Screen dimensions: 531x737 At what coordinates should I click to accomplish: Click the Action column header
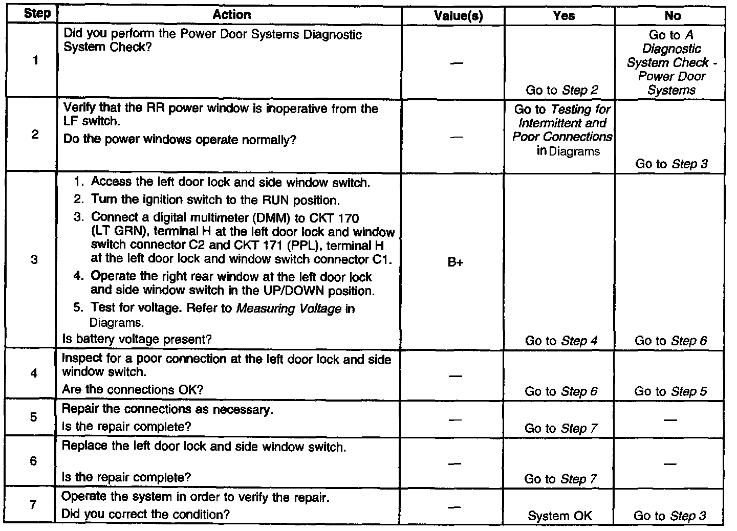pyautogui.click(x=231, y=15)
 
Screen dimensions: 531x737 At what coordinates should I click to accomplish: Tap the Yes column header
pyautogui.click(x=563, y=16)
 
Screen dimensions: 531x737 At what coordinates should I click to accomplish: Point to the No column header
pyautogui.click(x=673, y=16)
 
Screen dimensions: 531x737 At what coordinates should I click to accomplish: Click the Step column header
pyautogui.click(x=37, y=14)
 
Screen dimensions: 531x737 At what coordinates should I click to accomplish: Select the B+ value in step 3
pyautogui.click(x=456, y=263)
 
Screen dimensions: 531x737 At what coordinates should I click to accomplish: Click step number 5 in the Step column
pyautogui.click(x=34, y=417)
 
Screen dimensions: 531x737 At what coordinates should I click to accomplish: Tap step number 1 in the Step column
pyautogui.click(x=35, y=60)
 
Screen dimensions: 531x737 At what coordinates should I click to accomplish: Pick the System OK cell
pyautogui.click(x=560, y=516)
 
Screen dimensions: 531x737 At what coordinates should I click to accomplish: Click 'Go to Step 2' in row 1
pyautogui.click(x=561, y=91)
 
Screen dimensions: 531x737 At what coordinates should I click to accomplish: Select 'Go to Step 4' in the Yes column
pyautogui.click(x=561, y=341)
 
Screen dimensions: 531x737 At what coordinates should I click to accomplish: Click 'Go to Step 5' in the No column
pyautogui.click(x=670, y=391)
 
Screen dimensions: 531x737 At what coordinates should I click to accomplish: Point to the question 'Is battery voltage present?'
pyautogui.click(x=137, y=339)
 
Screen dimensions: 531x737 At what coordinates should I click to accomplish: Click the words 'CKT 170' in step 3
pyautogui.click(x=338, y=217)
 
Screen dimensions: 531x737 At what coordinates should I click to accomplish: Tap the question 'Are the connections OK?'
pyautogui.click(x=133, y=390)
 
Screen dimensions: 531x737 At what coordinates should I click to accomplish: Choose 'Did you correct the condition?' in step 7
pyautogui.click(x=145, y=514)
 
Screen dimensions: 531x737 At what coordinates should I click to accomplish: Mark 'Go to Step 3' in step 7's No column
pyautogui.click(x=669, y=516)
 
